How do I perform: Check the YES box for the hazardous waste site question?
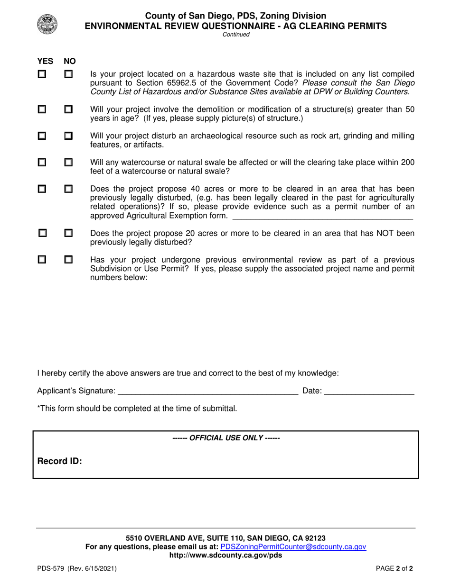click(42, 74)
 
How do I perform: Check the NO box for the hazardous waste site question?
click(69, 74)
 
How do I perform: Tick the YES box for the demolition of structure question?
click(42, 109)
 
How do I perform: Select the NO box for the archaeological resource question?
click(69, 136)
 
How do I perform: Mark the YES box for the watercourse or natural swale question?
click(42, 163)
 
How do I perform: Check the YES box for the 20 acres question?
click(42, 233)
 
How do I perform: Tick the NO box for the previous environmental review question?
click(69, 260)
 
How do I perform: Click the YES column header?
click(45, 61)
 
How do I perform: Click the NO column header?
click(70, 61)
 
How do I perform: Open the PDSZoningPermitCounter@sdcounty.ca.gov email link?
click(293, 547)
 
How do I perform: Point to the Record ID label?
click(60, 461)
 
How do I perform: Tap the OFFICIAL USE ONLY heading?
click(226, 438)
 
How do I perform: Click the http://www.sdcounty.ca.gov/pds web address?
click(225, 555)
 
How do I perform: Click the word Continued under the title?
click(236, 35)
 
